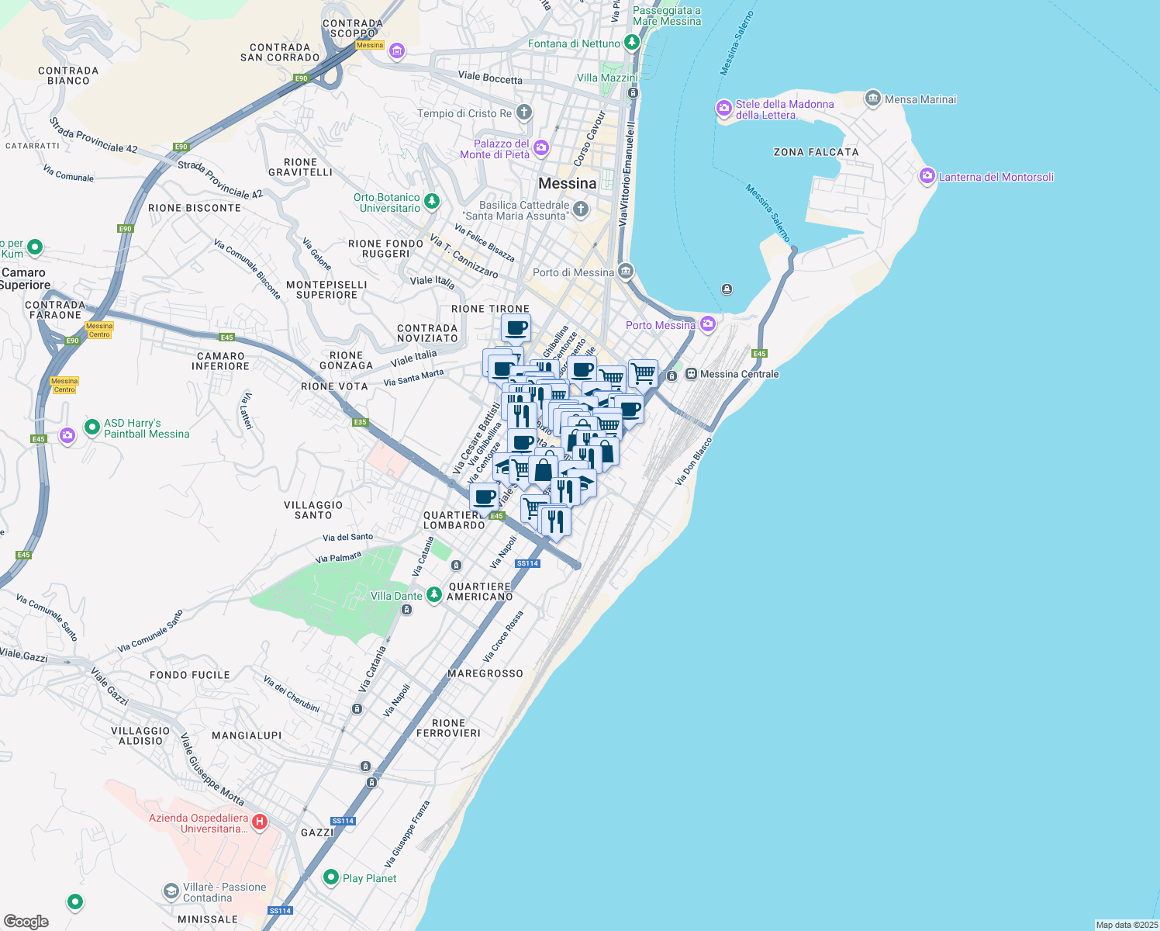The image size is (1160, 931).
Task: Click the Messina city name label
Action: pos(568,184)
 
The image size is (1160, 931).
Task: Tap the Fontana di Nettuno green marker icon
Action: pos(631,42)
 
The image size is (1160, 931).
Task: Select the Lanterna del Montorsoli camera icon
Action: pos(927,176)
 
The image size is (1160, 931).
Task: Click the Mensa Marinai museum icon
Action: pos(873,99)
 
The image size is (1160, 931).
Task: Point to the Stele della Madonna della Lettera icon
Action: pos(724,109)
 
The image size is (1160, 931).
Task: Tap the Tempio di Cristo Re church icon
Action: pos(524,113)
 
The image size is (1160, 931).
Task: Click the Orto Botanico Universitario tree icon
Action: pos(432,202)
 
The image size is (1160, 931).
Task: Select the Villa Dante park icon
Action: pos(434,595)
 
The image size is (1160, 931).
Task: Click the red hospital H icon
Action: pos(260,822)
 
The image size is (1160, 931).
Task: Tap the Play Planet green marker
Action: pos(331,877)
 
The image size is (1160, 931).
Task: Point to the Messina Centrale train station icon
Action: pos(691,374)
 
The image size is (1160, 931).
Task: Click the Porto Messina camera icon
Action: pos(707,324)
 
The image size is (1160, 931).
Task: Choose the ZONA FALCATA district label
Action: pos(816,152)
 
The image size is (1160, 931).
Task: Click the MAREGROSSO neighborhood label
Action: pos(485,673)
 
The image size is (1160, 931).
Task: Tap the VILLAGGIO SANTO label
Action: pos(313,510)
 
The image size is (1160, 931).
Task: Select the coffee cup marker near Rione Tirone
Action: pos(516,328)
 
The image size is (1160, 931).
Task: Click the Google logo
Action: pos(26,922)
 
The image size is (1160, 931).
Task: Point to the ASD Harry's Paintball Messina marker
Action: pos(92,427)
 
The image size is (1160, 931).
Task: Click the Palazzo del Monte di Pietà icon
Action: pos(541,147)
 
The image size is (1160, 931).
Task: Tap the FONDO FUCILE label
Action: pos(190,675)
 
